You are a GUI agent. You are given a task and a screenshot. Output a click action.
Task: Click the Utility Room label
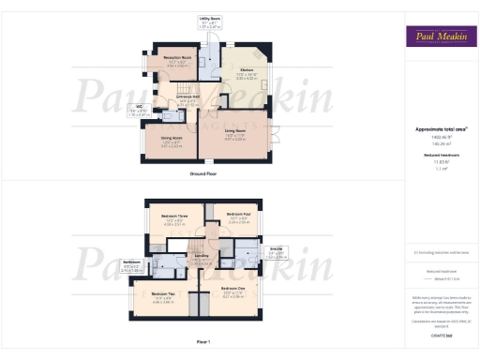pyautogui.click(x=210, y=18)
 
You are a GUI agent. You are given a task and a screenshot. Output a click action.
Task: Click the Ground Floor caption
pyautogui.click(x=203, y=174)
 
